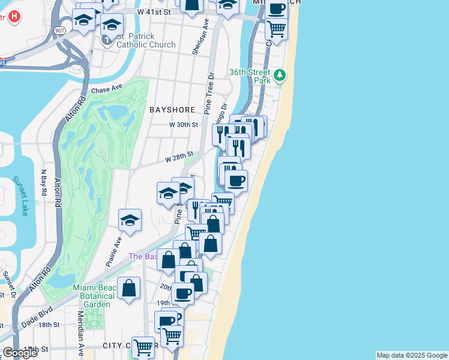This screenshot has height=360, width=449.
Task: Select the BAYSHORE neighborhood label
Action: (173, 110)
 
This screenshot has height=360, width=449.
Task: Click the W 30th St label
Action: (183, 124)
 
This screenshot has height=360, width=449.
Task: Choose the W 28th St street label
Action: (179, 157)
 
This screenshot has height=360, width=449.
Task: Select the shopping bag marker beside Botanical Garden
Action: (129, 289)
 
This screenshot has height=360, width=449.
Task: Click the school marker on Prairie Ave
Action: (130, 221)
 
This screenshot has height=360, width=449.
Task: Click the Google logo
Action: (20, 352)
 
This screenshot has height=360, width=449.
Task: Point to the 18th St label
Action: (48, 325)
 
